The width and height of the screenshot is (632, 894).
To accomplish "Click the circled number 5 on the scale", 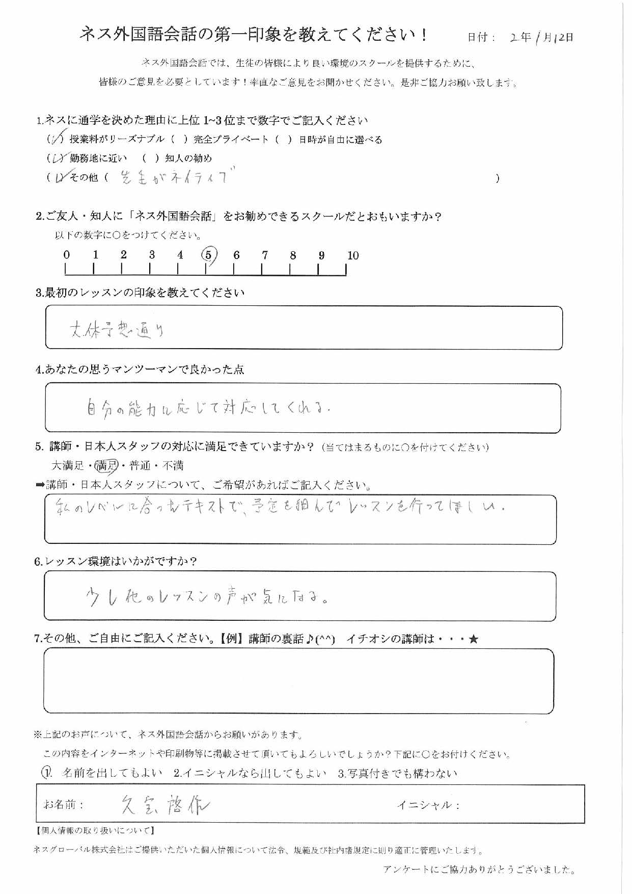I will (209, 255).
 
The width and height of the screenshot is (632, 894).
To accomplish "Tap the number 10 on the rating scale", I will (353, 256).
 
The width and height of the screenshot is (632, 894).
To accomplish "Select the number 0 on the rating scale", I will (67, 255).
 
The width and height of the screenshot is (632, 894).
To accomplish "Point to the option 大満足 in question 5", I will (68, 465).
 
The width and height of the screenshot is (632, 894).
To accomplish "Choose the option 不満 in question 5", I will (173, 465).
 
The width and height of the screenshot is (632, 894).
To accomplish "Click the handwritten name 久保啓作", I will (166, 805).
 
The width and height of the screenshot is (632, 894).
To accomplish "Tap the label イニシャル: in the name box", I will (428, 805).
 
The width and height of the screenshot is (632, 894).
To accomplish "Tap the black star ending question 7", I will (473, 639).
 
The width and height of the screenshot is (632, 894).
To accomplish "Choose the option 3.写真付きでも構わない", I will (397, 773).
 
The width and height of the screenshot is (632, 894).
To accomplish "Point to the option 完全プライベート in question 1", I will (231, 140).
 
